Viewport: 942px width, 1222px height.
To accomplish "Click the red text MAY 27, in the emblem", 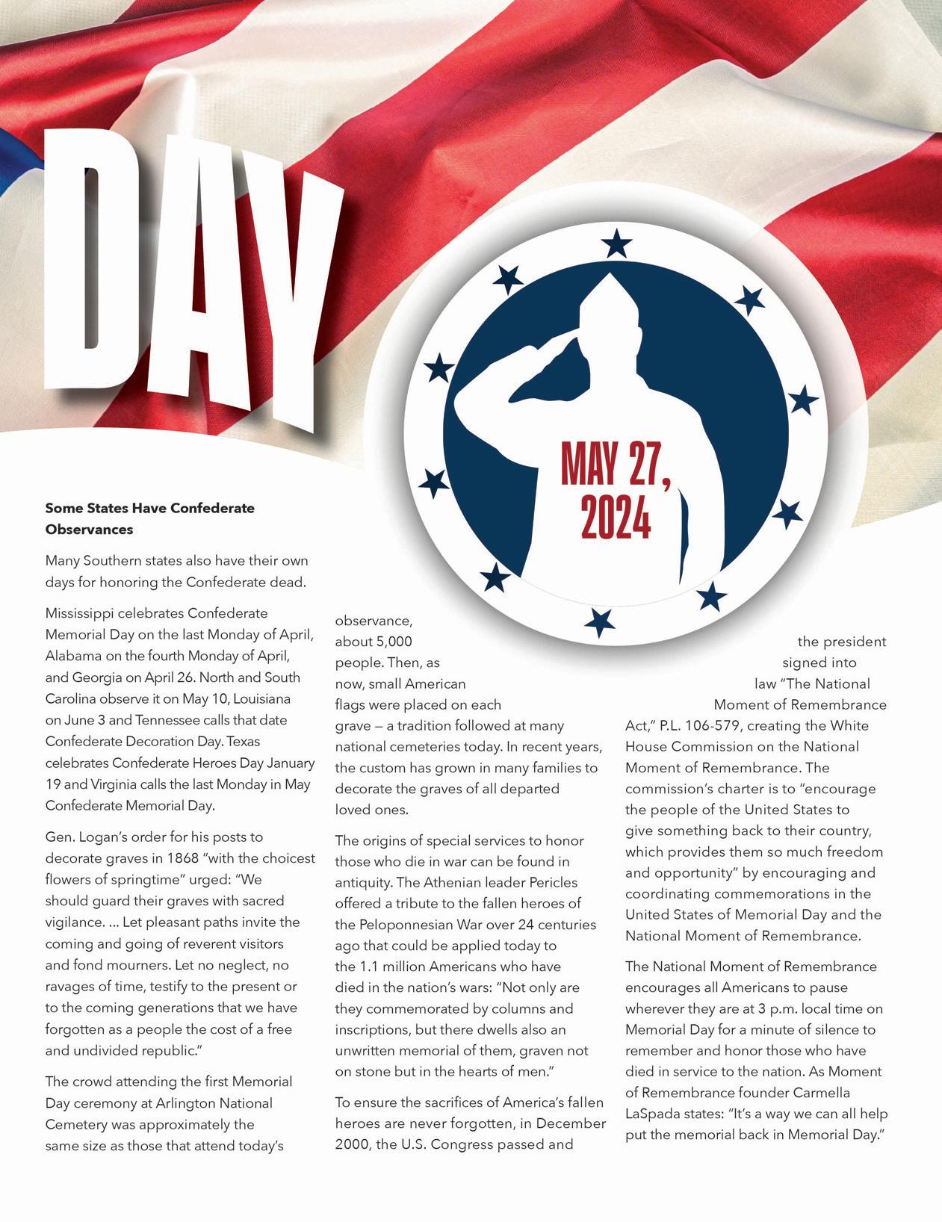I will point(616,465).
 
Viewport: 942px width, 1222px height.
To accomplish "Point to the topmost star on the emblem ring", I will point(616,244).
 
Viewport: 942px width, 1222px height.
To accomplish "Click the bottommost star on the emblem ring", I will point(599,621).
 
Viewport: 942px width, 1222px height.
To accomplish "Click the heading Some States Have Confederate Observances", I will point(149,518).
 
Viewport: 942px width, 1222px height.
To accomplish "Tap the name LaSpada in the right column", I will point(650,1114).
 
